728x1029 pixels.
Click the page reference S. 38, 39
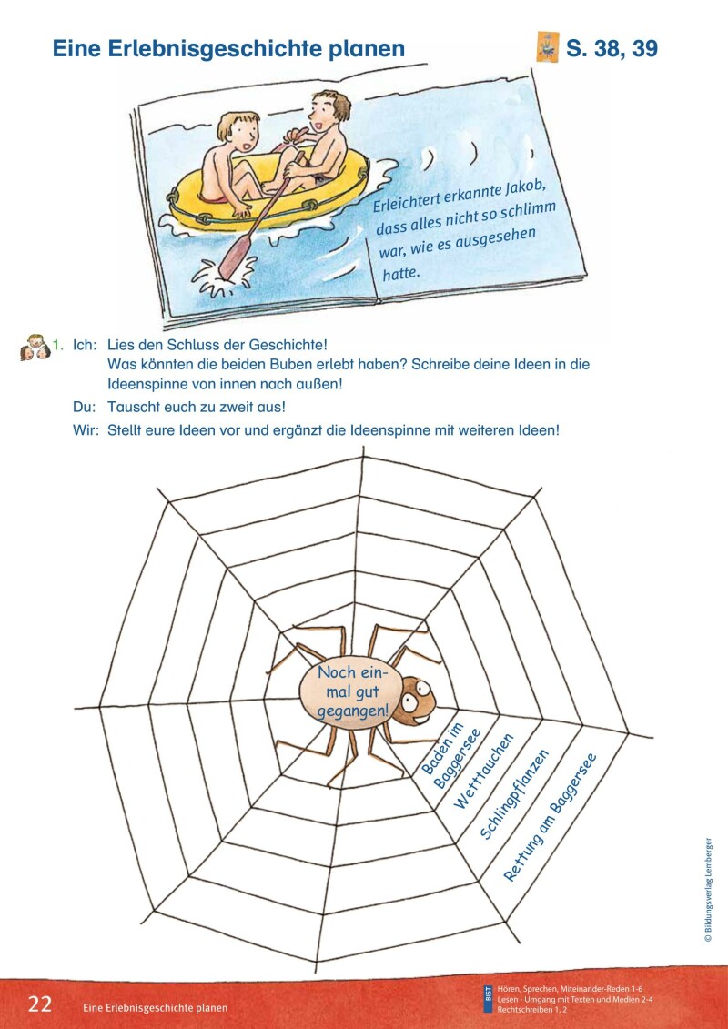coord(612,49)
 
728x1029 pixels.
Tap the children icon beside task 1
coord(34,347)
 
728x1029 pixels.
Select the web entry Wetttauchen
coord(483,772)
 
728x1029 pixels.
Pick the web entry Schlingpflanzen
coord(515,794)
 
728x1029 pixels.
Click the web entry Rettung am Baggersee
coord(550,818)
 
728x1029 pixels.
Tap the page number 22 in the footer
coord(40,1004)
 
